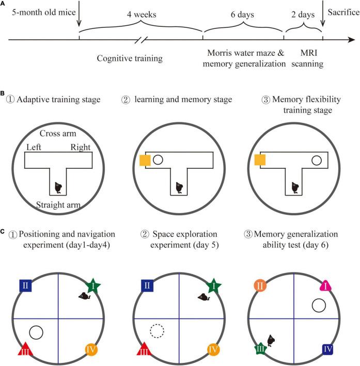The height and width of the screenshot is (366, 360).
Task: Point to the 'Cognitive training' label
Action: [130, 58]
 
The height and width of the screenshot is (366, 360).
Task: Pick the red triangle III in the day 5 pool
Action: [143, 349]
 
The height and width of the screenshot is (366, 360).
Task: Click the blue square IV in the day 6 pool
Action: [327, 349]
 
